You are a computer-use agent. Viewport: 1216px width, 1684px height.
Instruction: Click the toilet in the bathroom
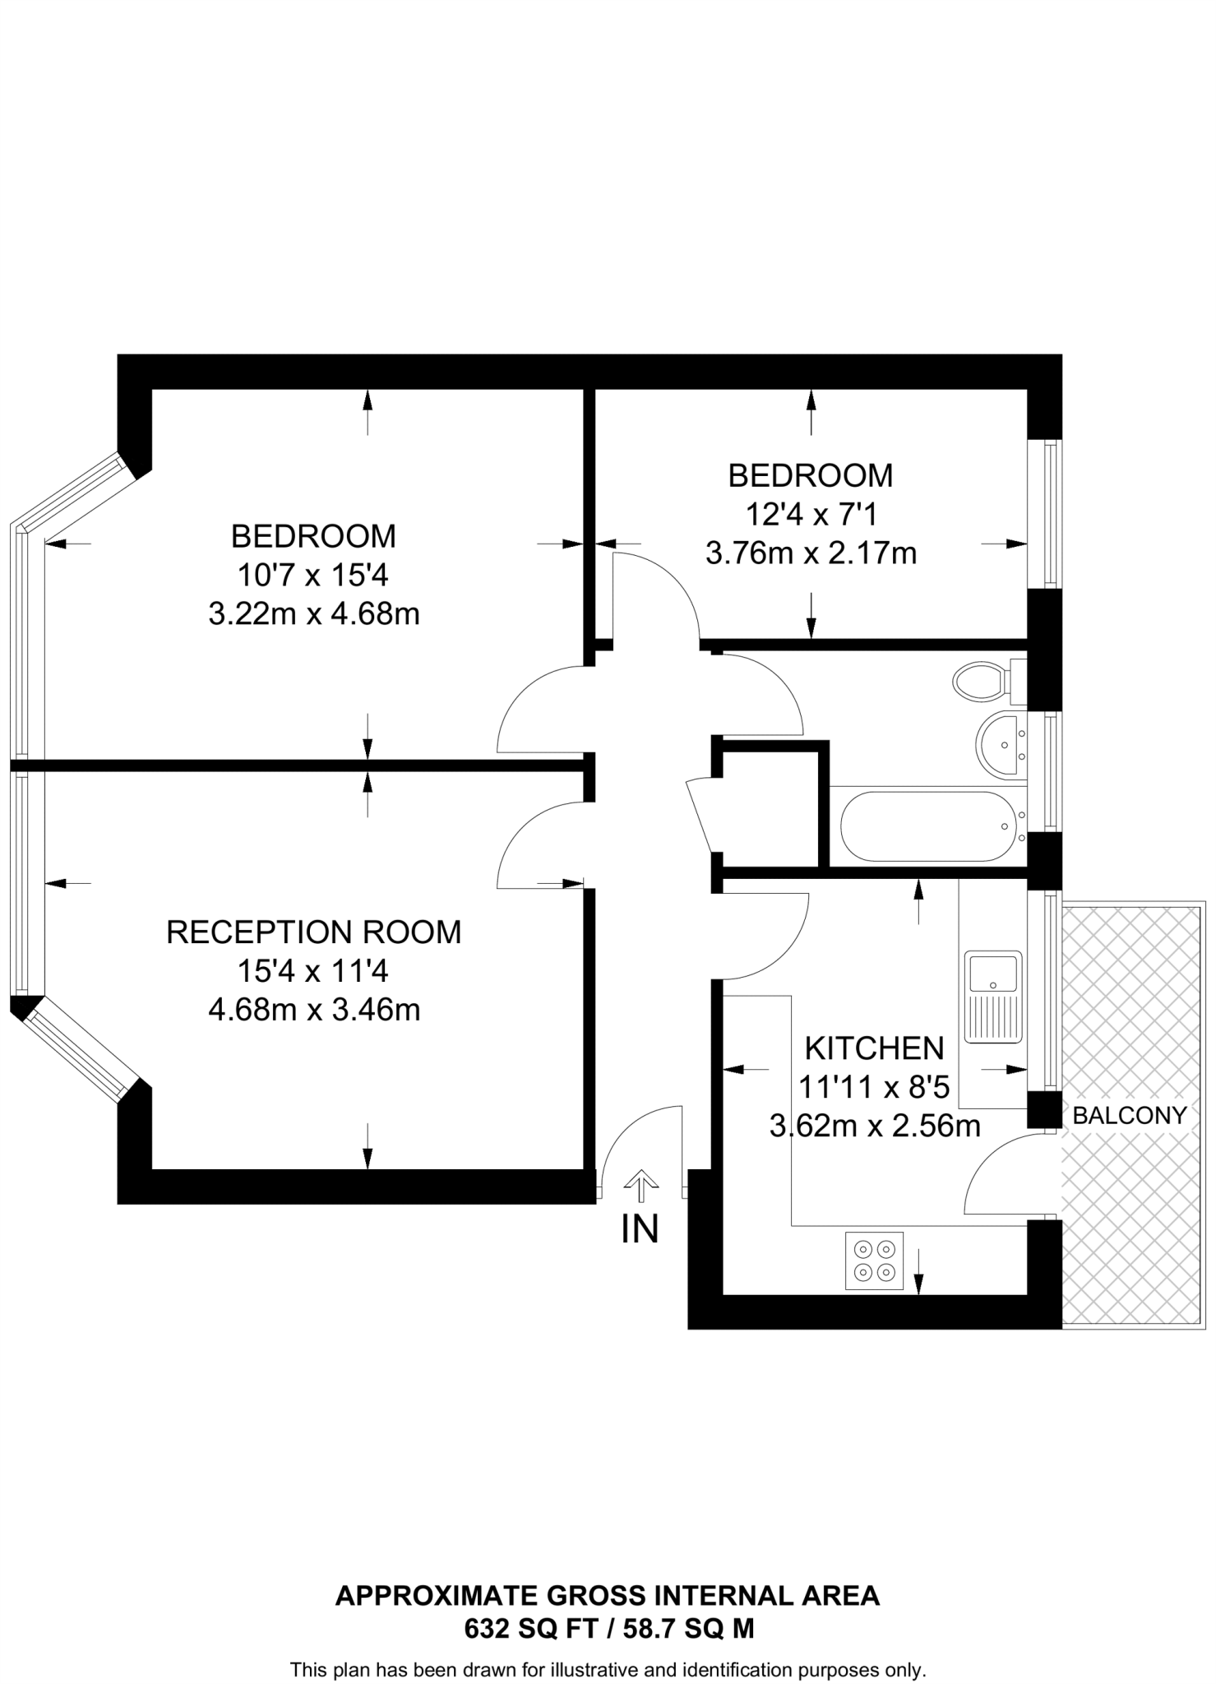click(x=983, y=681)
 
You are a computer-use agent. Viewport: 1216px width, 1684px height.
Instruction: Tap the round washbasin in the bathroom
click(x=1000, y=745)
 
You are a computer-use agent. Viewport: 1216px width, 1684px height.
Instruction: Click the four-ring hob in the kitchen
click(x=874, y=1261)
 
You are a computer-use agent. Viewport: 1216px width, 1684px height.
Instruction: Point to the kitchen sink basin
click(x=993, y=974)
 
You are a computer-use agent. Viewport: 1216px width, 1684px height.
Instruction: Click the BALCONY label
click(x=1130, y=1116)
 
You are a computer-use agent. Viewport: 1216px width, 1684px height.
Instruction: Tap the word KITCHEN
click(x=874, y=1048)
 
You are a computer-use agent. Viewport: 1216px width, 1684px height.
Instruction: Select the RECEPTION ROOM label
click(x=313, y=932)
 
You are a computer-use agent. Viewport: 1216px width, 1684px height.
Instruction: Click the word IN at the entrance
click(x=640, y=1229)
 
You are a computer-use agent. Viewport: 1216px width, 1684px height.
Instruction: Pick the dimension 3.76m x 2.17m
click(x=811, y=553)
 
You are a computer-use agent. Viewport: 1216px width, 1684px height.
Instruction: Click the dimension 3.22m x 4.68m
click(x=313, y=614)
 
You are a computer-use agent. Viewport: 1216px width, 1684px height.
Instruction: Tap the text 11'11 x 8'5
click(x=874, y=1088)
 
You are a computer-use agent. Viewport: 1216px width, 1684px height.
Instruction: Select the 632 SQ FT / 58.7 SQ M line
click(x=608, y=1628)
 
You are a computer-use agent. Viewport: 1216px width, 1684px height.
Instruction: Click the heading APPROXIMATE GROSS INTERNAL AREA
click(x=608, y=1596)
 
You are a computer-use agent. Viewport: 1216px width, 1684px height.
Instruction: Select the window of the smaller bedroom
click(x=1049, y=515)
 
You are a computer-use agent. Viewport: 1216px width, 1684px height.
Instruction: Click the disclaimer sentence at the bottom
click(x=608, y=1670)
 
